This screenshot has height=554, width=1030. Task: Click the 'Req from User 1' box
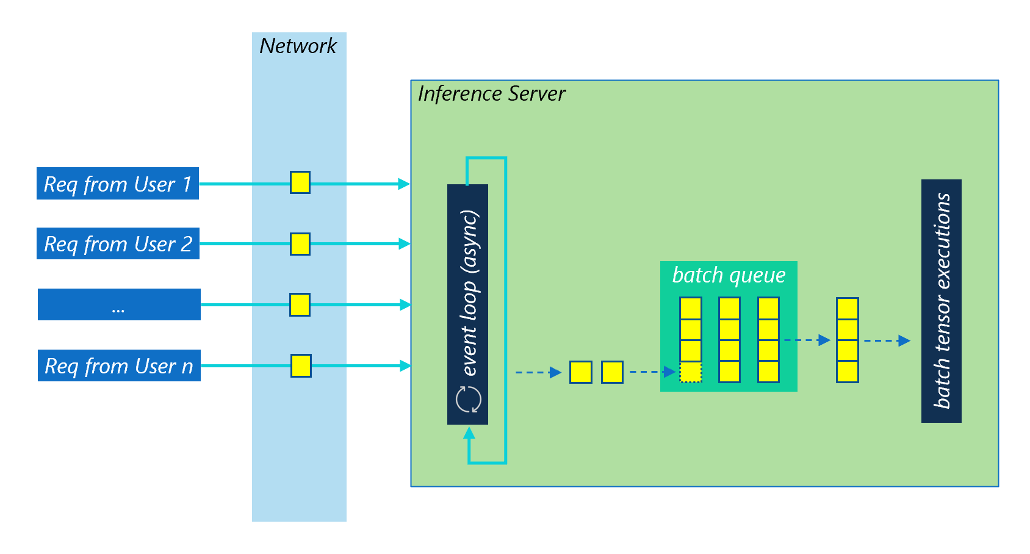click(x=118, y=184)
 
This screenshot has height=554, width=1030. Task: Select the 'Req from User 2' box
click(x=118, y=243)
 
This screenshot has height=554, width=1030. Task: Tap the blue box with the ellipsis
click(x=119, y=304)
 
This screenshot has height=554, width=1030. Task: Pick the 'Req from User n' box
click(x=119, y=365)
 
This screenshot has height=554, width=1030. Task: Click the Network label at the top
click(x=298, y=46)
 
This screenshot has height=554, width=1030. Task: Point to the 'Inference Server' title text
click(x=491, y=94)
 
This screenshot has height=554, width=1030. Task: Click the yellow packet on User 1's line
click(x=300, y=182)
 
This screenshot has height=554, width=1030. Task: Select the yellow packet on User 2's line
click(x=300, y=243)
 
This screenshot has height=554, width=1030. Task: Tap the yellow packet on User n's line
click(x=301, y=365)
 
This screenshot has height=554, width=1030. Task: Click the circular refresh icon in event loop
click(x=469, y=400)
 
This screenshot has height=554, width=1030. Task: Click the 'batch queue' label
click(x=729, y=275)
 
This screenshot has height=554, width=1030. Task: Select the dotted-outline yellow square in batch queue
click(x=691, y=372)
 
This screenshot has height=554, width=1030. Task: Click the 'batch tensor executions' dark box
click(x=941, y=301)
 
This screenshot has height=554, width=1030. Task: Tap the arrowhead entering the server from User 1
click(x=404, y=184)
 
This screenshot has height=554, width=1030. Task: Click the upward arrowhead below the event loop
click(x=469, y=433)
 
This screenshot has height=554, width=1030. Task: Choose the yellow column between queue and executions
click(x=847, y=340)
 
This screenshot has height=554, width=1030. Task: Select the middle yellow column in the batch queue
click(x=729, y=340)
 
